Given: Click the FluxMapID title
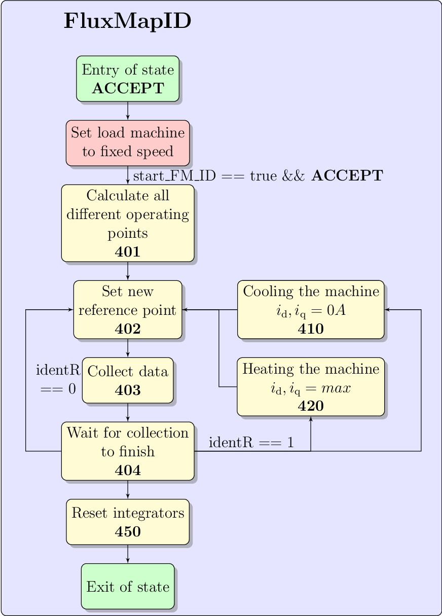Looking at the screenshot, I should click(127, 22).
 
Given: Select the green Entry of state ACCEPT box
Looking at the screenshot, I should click(128, 79).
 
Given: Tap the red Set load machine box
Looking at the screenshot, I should click(128, 143).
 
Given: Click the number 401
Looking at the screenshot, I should click(128, 252).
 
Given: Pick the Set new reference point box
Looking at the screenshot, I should click(128, 309).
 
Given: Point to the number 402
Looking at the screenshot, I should click(128, 329).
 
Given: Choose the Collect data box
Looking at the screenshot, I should click(128, 380).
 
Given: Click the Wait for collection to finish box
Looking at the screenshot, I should click(128, 451).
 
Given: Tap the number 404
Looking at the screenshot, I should click(128, 470).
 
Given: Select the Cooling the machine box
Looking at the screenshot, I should click(311, 309).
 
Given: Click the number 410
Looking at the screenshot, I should click(311, 329).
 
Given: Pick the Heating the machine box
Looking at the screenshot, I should click(311, 386).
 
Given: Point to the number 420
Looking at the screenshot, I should click(311, 406).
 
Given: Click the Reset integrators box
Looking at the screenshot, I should click(128, 522).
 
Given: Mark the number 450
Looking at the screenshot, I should click(128, 531).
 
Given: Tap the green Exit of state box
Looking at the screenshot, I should click(128, 586).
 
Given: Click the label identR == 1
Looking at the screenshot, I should click(251, 443).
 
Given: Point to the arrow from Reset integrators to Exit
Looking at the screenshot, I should click(128, 554).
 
